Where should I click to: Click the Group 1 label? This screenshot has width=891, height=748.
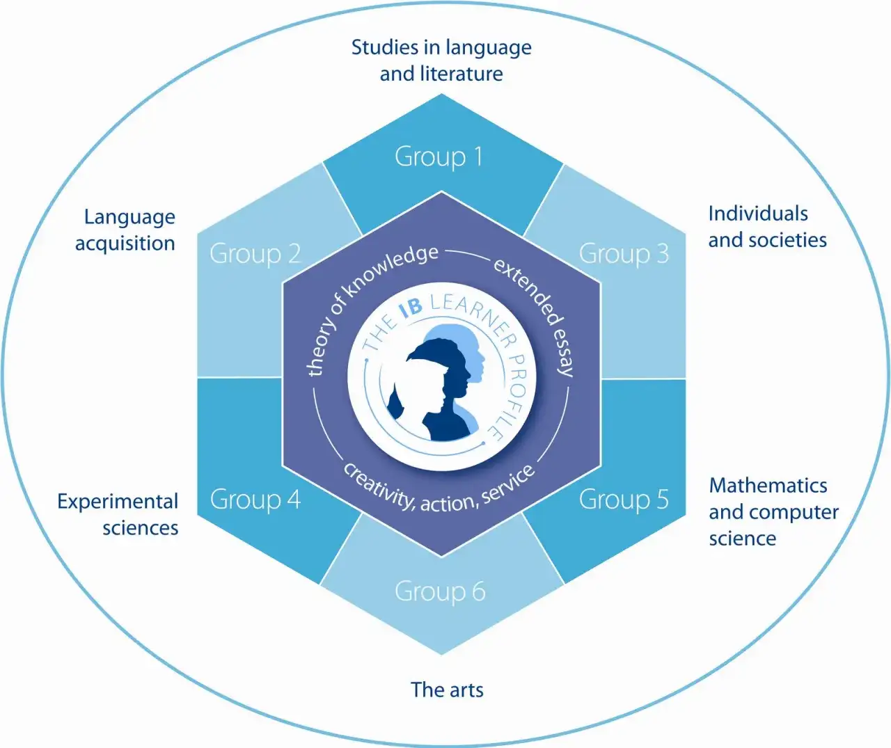tap(439, 157)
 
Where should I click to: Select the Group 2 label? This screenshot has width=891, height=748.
tap(255, 254)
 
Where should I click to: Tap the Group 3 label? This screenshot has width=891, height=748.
tap(624, 254)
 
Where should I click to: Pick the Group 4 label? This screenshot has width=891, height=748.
tap(255, 500)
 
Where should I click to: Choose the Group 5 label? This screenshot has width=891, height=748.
tap(624, 500)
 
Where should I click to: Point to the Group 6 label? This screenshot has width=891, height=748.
tap(440, 591)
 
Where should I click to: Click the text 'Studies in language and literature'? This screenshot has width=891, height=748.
tap(441, 61)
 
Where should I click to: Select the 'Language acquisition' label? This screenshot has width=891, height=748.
tap(126, 230)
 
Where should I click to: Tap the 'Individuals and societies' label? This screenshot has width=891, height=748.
tap(767, 227)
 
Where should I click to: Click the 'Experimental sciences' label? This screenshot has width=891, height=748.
tap(118, 514)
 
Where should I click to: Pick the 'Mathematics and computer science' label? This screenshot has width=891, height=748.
tap(773, 511)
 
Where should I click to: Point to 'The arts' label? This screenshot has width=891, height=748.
tap(447, 690)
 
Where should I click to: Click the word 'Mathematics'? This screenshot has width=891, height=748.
tap(768, 485)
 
